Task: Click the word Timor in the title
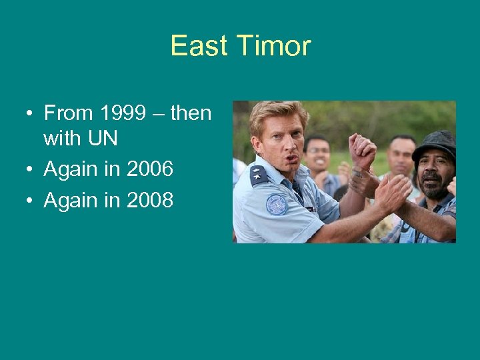pyautogui.click(x=274, y=46)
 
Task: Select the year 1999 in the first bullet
pyautogui.click(x=128, y=113)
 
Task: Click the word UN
pyautogui.click(x=101, y=139)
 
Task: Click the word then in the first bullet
pyautogui.click(x=191, y=113)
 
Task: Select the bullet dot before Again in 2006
pyautogui.click(x=31, y=170)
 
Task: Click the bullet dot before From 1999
pyautogui.click(x=31, y=114)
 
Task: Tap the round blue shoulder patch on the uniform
pyautogui.click(x=276, y=204)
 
